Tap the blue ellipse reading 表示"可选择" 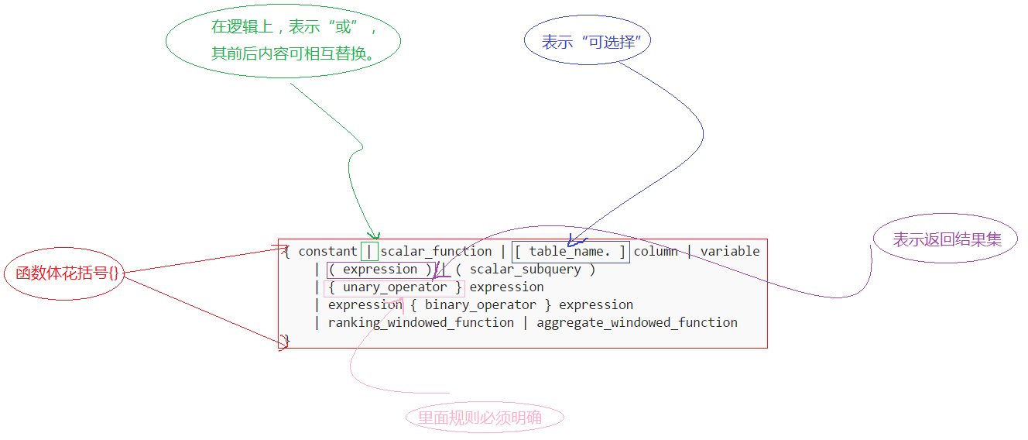point(588,42)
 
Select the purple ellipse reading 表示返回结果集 point(946,239)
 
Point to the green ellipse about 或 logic point(283,40)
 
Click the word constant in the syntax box point(327,251)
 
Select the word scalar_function point(436,251)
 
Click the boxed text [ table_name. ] point(571,251)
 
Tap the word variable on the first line point(730,251)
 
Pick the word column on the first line point(656,251)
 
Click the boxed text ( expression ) point(379,270)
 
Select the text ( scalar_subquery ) point(526,270)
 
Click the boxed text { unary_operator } point(394,287)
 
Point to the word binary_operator point(480,305)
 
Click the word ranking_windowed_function point(420,323)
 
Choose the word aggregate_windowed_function point(637,323)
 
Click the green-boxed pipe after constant point(370,251)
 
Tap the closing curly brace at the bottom point(285,341)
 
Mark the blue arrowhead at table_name point(571,241)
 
